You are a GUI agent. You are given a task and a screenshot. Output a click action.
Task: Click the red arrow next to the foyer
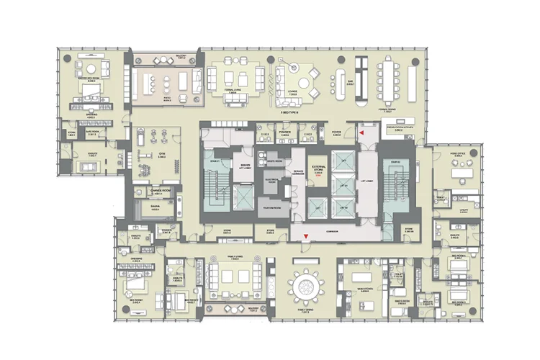362,133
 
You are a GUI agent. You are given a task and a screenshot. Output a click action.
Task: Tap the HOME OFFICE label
457,154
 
